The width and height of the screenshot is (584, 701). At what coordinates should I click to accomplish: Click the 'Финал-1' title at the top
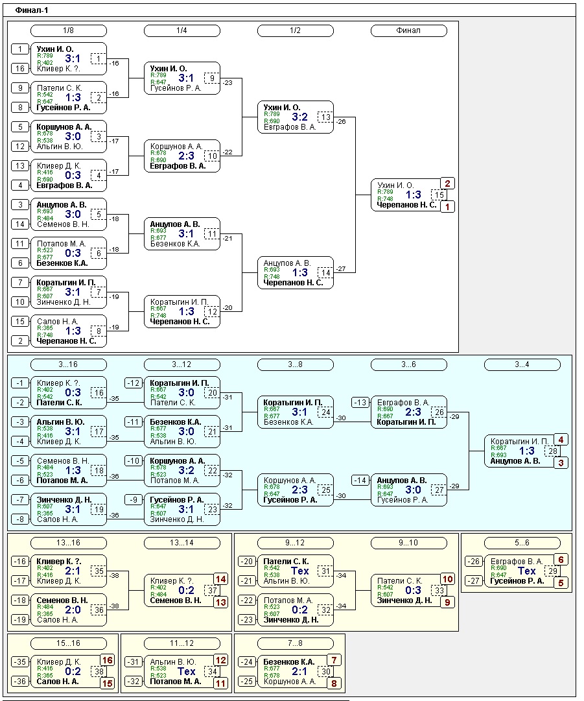(32, 10)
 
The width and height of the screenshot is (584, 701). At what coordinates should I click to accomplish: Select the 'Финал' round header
(408, 30)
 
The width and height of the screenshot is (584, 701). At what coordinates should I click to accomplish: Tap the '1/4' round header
(181, 30)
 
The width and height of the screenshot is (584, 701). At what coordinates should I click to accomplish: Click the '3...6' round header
(408, 364)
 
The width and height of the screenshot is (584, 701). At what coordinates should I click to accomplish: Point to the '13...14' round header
(181, 543)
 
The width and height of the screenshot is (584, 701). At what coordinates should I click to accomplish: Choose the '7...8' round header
(295, 643)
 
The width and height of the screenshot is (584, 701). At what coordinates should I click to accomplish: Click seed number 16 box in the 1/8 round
(20, 69)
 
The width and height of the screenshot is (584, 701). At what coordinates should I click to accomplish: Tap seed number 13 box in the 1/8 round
(20, 166)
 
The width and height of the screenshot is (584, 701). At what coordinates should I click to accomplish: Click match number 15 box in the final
(439, 195)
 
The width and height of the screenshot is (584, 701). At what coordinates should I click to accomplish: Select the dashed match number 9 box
(212, 78)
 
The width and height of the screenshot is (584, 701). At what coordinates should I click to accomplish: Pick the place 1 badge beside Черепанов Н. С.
(447, 207)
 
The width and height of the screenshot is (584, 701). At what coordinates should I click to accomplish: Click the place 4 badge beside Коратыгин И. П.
(561, 440)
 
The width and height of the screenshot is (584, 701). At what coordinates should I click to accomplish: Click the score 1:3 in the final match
(413, 195)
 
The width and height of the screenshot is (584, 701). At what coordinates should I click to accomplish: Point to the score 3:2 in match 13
(299, 117)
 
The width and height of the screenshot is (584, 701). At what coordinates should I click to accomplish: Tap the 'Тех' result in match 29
(526, 571)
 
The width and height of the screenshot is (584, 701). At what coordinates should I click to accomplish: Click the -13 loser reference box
(360, 403)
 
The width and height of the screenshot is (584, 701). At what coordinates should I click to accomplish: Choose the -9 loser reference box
(134, 500)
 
